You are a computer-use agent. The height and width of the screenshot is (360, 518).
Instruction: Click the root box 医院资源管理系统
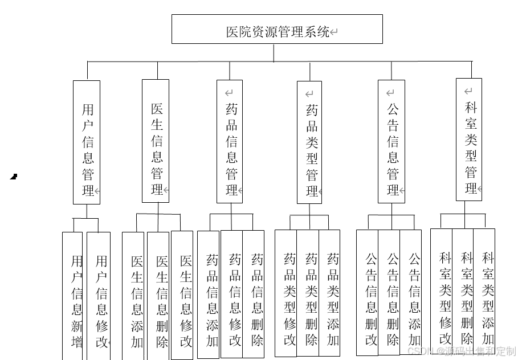(x=277, y=29)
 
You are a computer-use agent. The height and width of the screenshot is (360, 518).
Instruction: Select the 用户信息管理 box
(x=87, y=142)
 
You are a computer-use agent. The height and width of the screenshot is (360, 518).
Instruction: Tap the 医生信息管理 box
(x=156, y=141)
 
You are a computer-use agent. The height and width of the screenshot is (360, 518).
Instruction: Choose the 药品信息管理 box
(x=230, y=141)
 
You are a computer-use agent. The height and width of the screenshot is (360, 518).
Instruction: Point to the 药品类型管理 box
(x=309, y=142)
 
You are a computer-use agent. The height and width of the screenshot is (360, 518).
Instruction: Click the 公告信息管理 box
(x=391, y=141)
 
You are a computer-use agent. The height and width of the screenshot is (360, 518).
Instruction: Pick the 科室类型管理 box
(x=469, y=140)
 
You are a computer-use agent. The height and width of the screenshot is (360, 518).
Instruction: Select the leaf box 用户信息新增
(x=72, y=296)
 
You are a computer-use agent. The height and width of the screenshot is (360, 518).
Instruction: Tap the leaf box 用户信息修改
(x=99, y=296)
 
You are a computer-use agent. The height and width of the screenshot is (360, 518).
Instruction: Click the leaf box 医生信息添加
(x=133, y=296)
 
